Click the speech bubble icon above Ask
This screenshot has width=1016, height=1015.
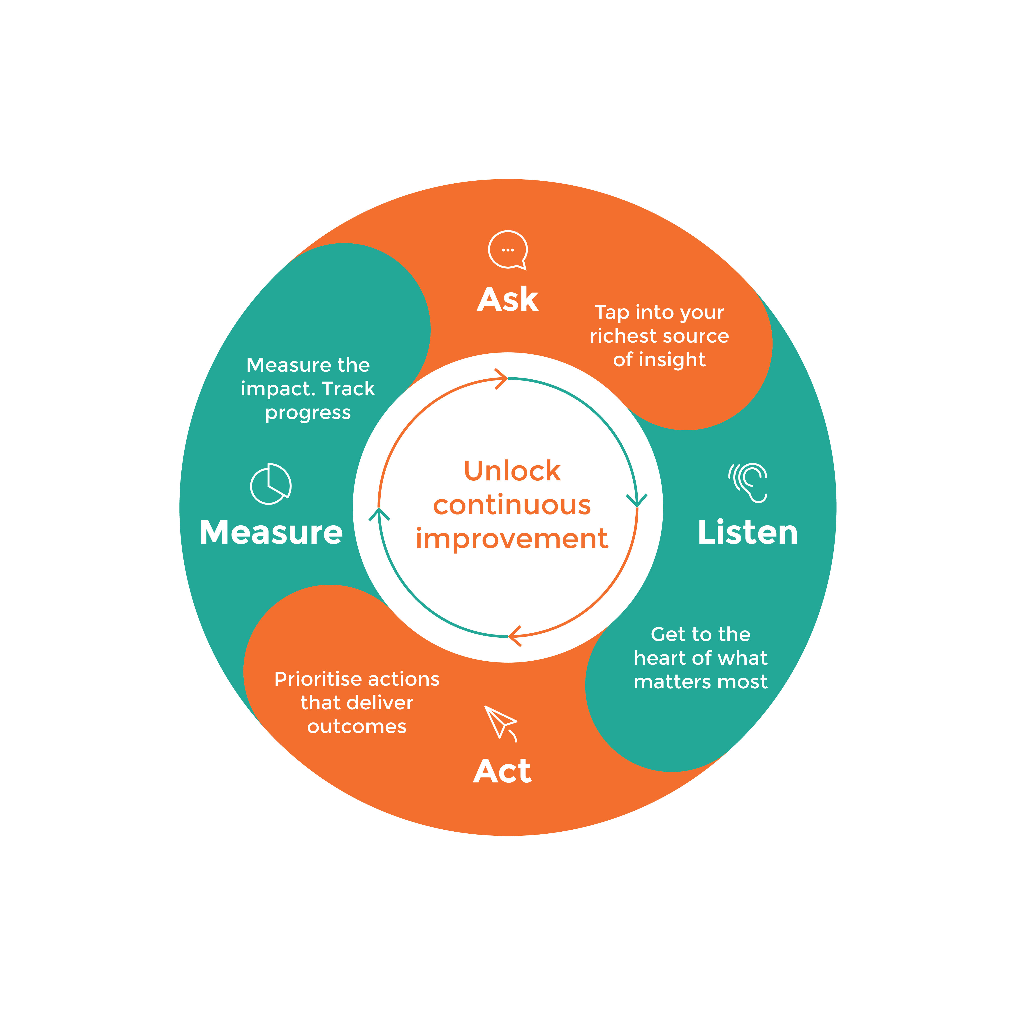[507, 250]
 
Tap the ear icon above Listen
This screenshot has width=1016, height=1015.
[749, 482]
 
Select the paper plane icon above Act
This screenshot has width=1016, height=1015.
[501, 723]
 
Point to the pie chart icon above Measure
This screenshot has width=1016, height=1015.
[270, 484]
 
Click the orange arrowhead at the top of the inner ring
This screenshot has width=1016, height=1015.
[502, 378]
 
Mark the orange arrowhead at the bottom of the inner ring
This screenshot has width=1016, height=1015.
[514, 636]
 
